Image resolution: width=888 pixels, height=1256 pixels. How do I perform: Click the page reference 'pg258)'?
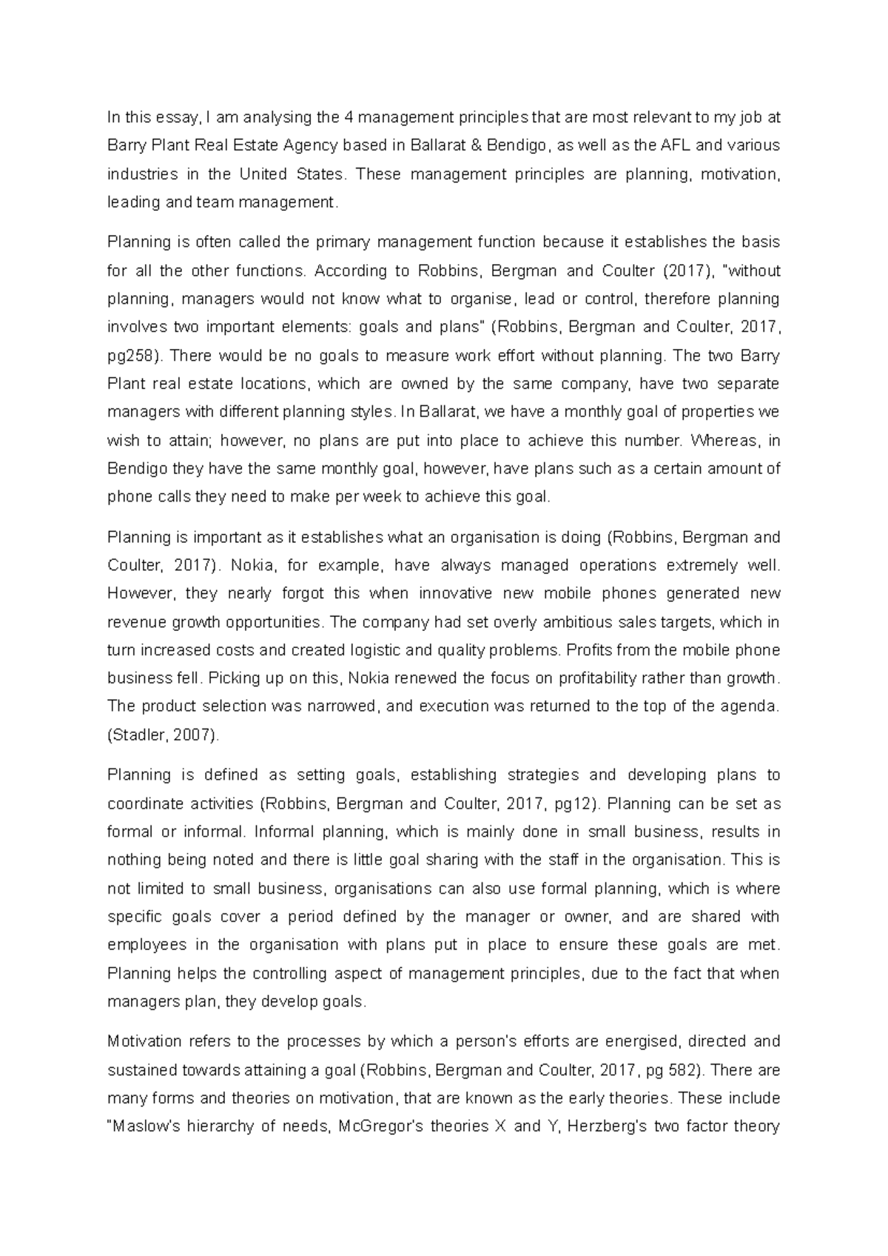pos(134,356)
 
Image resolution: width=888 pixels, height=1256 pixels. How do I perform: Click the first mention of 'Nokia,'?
pos(254,566)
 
